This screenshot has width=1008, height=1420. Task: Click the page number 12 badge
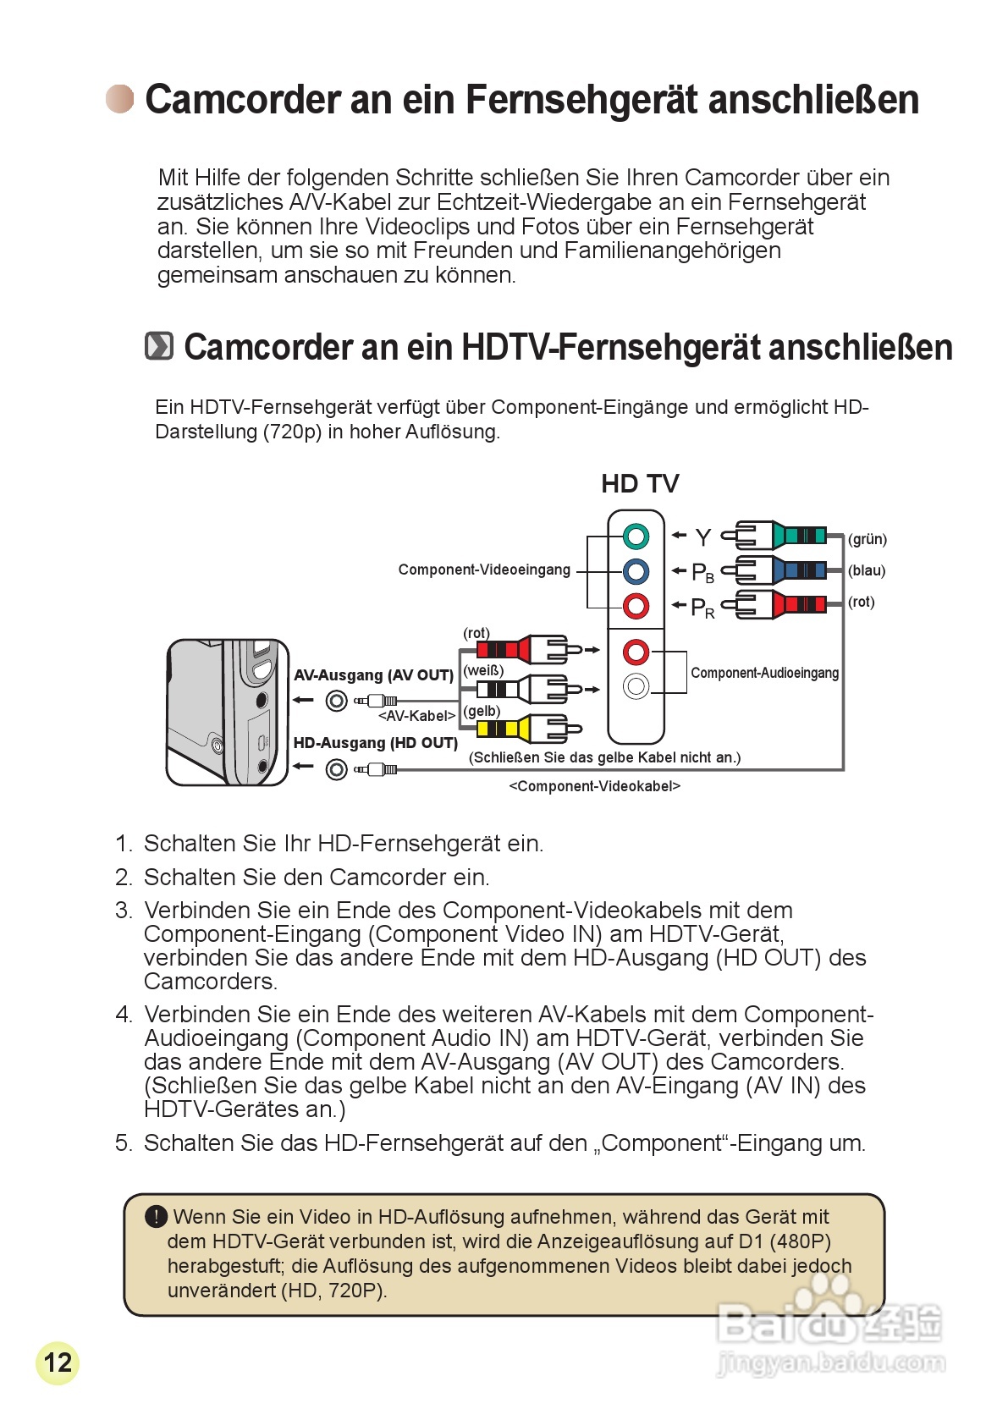[x=58, y=1362]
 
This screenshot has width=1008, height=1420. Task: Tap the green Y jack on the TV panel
[x=636, y=537]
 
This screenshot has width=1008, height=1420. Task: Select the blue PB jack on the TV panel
[x=636, y=571]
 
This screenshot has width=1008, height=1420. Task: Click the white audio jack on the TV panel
[x=636, y=686]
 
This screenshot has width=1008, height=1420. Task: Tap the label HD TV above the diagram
[x=640, y=484]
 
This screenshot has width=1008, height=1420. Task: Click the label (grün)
[x=868, y=539]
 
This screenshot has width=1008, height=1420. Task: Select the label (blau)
[x=867, y=570]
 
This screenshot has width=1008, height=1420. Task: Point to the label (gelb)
[x=482, y=711]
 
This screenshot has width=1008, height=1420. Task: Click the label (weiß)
[x=483, y=670]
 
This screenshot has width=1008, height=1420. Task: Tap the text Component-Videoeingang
[x=484, y=570]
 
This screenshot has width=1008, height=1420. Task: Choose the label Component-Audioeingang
[x=764, y=673]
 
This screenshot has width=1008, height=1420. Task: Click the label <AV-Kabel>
[x=416, y=716]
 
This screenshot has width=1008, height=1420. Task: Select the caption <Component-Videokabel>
[x=594, y=786]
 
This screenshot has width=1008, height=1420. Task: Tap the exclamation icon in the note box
[x=156, y=1217]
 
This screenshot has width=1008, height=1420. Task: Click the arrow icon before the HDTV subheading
[x=159, y=346]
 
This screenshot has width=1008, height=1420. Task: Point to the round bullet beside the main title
[x=120, y=99]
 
